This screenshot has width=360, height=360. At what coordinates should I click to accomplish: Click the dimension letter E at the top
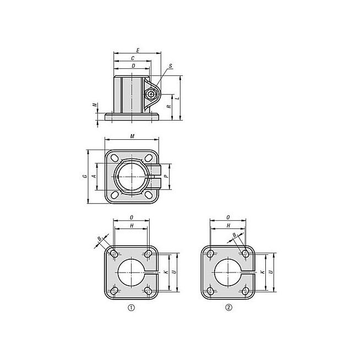(x=138, y=50)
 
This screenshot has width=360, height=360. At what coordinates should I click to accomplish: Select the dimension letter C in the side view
(x=133, y=58)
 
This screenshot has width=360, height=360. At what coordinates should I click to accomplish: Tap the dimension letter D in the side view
(x=133, y=66)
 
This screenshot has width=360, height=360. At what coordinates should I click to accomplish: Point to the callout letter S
(x=171, y=66)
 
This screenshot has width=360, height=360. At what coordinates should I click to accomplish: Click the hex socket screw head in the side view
(x=150, y=94)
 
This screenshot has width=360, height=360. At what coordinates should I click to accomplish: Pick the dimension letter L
(x=177, y=98)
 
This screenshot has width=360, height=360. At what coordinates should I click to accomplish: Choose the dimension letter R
(x=169, y=106)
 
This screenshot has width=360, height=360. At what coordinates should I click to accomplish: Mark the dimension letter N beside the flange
(x=95, y=105)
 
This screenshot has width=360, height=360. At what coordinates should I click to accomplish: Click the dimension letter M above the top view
(x=132, y=137)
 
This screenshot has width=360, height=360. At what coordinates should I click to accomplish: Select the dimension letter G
(x=85, y=176)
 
